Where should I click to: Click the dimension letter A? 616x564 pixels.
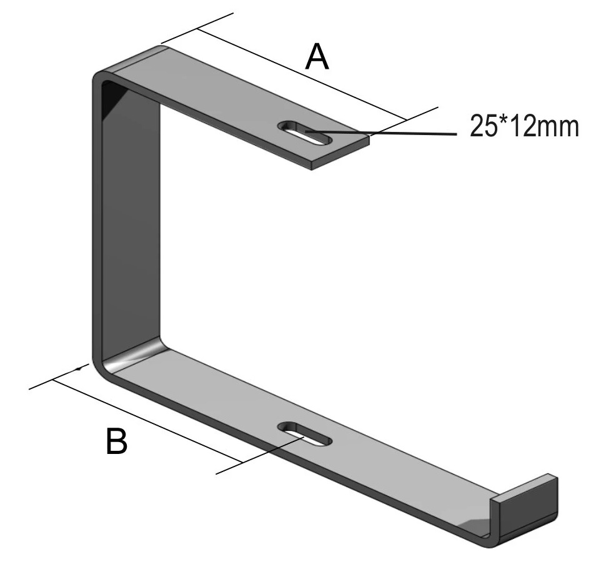click(x=317, y=57)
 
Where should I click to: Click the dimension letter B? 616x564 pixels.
click(x=117, y=441)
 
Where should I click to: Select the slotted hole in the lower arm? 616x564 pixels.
click(x=304, y=433)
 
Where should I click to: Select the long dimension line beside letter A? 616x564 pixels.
click(x=301, y=74)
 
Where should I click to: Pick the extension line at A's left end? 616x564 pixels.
click(x=197, y=28)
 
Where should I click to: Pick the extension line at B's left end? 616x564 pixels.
click(x=59, y=378)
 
